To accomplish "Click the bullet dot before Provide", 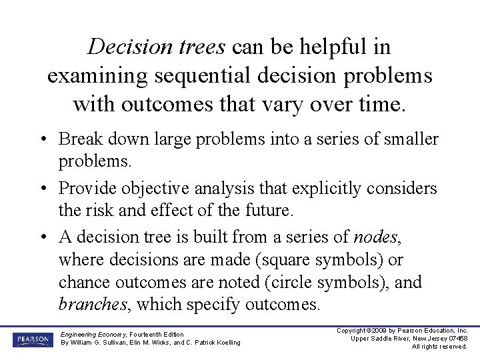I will point(42,189).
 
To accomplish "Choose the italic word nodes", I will point(376,237).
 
